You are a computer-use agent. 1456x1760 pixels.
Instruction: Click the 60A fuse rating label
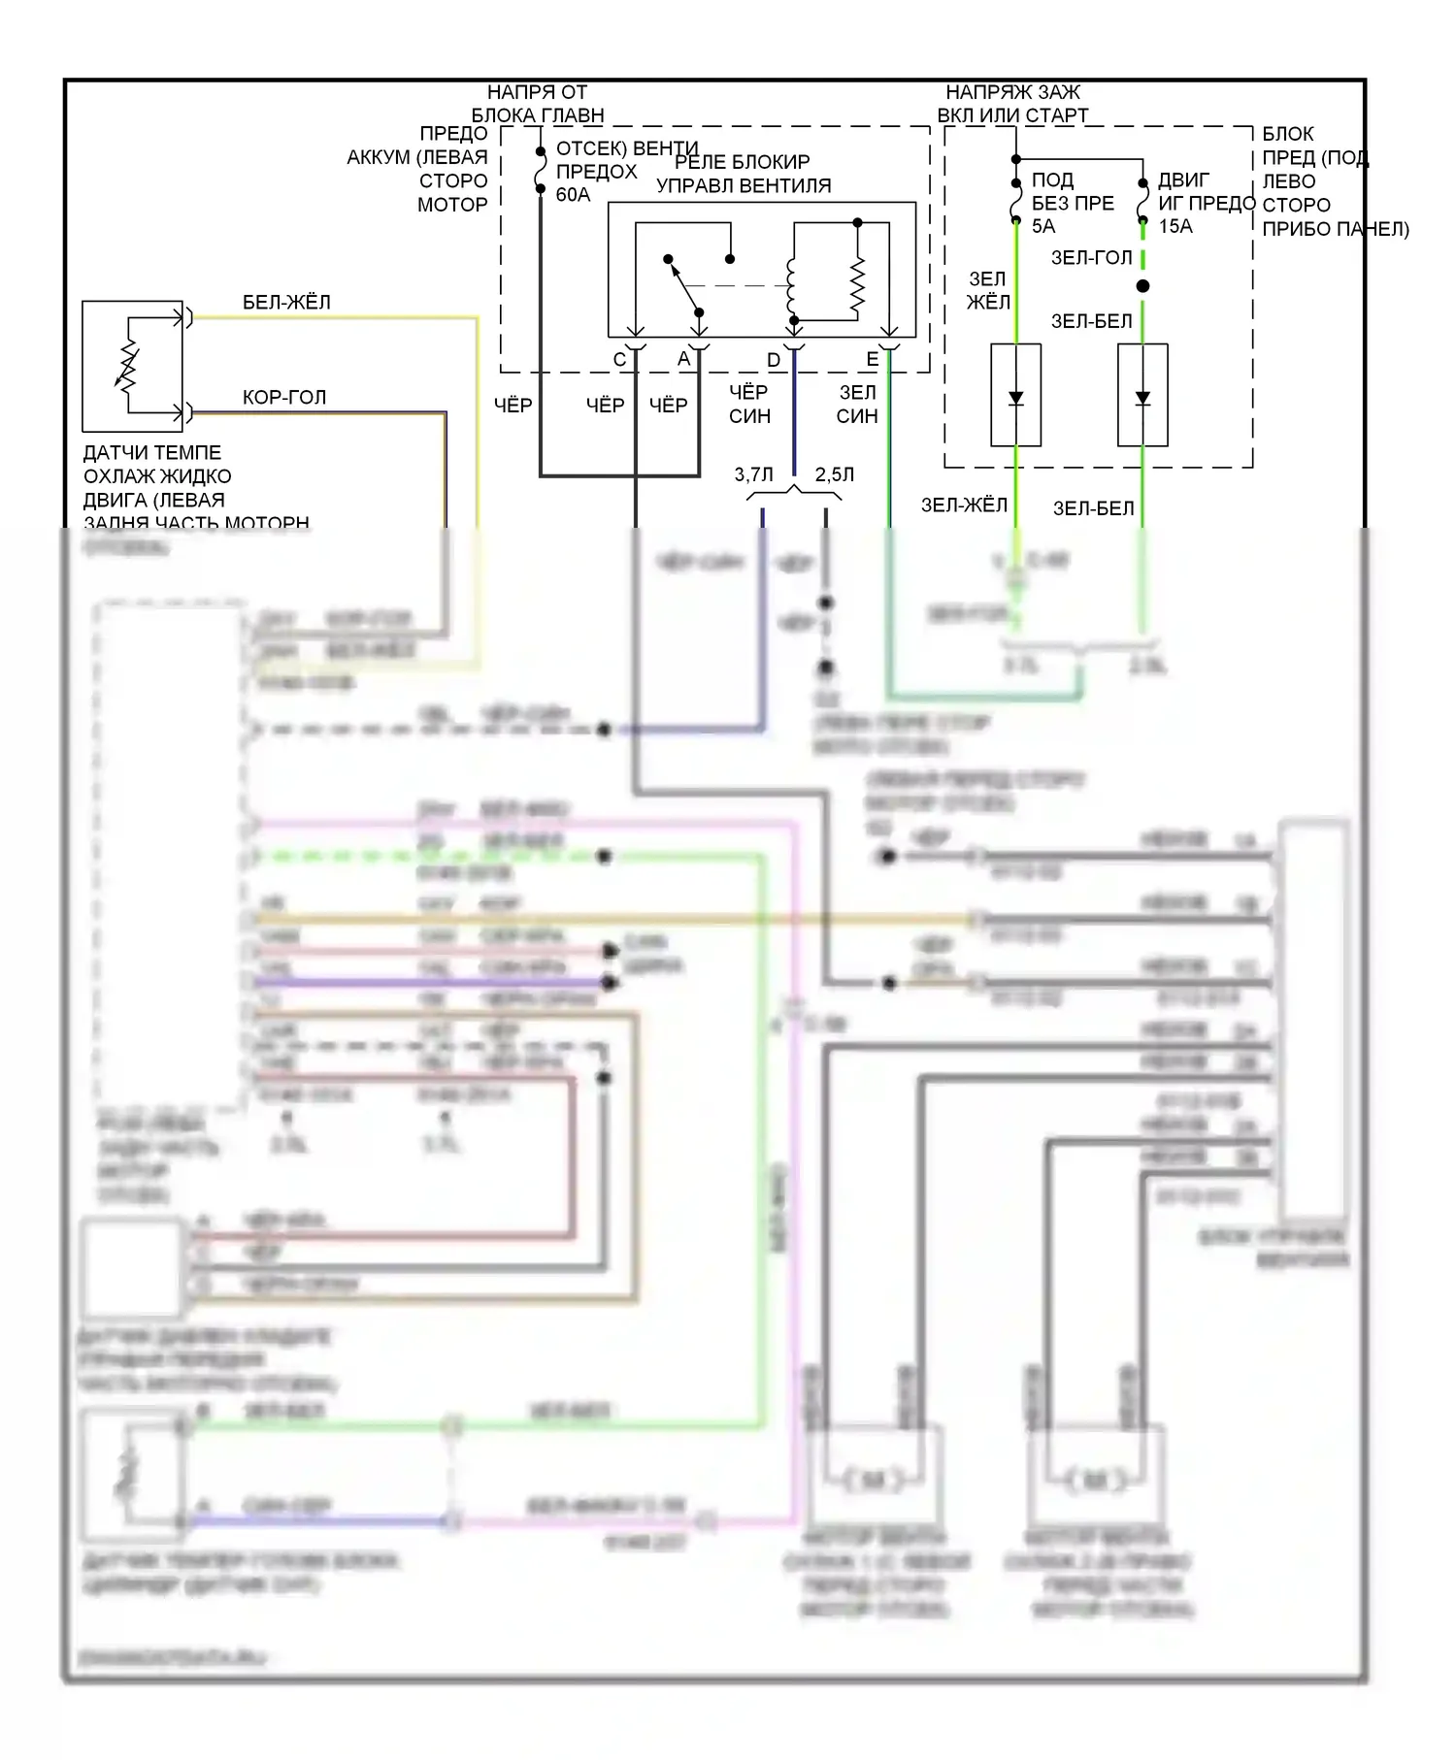tap(573, 195)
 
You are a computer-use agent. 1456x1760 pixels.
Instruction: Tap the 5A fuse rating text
tap(1042, 226)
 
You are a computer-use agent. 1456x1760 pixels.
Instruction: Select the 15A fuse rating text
tap(1175, 226)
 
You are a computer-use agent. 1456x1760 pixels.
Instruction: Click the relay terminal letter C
tap(620, 360)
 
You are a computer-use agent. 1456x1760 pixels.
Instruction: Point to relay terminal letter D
tap(774, 360)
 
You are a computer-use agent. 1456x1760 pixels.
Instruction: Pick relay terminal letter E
tap(872, 360)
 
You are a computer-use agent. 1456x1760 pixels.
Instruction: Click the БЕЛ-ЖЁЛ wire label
tap(286, 303)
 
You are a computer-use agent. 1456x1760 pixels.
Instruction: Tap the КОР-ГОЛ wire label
tap(284, 398)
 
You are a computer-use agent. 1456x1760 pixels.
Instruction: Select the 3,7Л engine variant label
tap(753, 474)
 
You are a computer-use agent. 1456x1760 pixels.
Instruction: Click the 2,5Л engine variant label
tap(834, 474)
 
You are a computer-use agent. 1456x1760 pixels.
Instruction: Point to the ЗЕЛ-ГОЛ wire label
tap(1092, 258)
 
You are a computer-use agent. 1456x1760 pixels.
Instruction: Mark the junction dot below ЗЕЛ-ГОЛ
tap(1142, 286)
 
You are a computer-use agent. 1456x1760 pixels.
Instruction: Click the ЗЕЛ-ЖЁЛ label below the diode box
tap(964, 505)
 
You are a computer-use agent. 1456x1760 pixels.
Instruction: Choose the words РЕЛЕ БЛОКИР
tap(743, 162)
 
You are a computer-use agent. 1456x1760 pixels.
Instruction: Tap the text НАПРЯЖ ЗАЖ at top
tap(1012, 92)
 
